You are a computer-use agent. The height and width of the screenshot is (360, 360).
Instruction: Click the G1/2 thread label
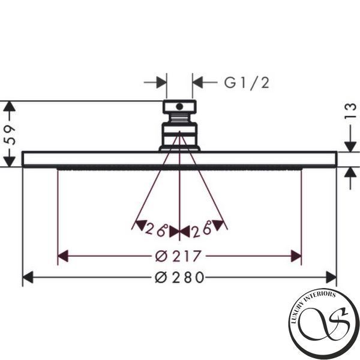click(247, 83)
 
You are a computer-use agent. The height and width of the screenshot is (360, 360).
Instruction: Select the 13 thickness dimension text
click(350, 111)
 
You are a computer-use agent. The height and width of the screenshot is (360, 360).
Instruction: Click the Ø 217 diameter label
click(178, 256)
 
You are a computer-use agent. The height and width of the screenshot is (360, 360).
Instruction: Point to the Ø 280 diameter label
click(179, 277)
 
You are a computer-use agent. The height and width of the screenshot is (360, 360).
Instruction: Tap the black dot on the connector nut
click(179, 107)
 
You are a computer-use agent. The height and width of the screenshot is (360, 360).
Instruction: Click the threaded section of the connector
click(179, 118)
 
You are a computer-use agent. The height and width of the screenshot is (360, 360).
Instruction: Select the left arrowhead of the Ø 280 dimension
click(28, 277)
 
